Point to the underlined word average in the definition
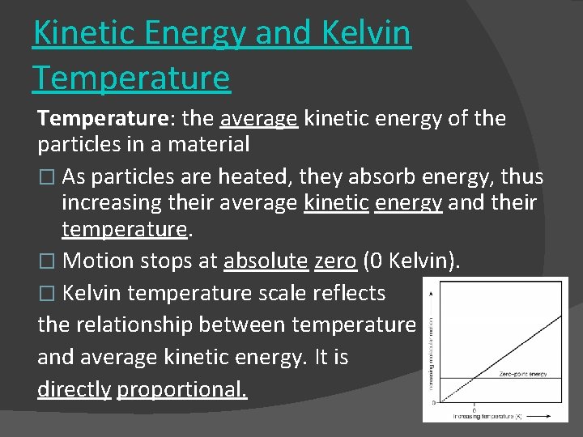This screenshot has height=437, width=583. (258, 119)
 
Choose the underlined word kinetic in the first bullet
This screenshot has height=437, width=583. (336, 202)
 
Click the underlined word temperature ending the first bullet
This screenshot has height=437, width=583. (125, 229)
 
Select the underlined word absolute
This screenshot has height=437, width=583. (266, 261)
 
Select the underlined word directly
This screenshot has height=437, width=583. (74, 389)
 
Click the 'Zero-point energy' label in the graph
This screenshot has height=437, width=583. (523, 374)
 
